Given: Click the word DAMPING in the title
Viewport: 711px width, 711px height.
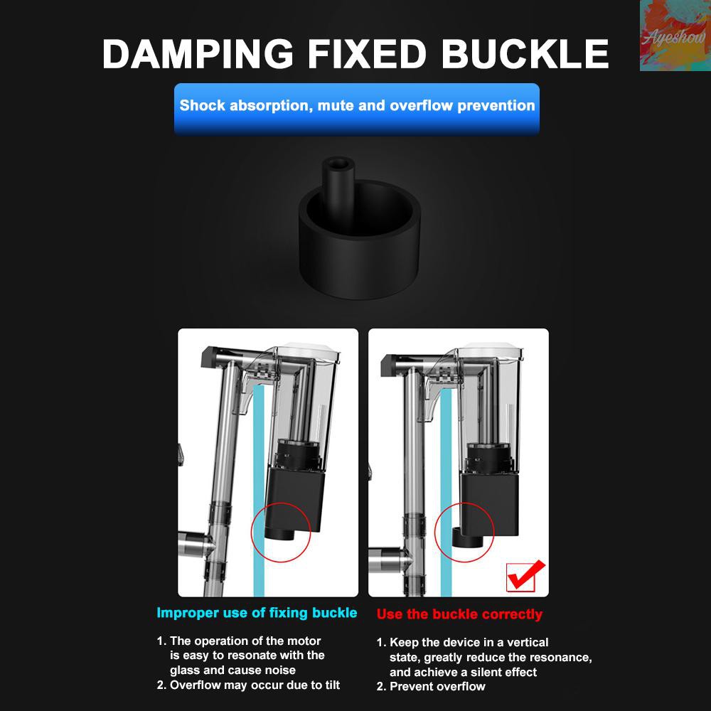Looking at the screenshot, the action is coord(198,53).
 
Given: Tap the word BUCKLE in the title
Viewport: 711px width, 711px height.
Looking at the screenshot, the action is coord(525,53).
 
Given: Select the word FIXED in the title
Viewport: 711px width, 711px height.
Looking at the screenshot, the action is coord(367,53).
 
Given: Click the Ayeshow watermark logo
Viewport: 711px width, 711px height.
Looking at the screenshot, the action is coord(675,36).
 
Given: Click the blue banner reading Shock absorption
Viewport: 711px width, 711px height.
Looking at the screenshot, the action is coord(357,109).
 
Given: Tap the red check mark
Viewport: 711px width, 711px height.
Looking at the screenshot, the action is coord(526,576).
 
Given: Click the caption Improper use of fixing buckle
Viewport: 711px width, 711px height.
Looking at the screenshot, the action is coord(257,613).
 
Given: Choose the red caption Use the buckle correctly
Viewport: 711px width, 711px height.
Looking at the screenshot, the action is coord(459,614).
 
